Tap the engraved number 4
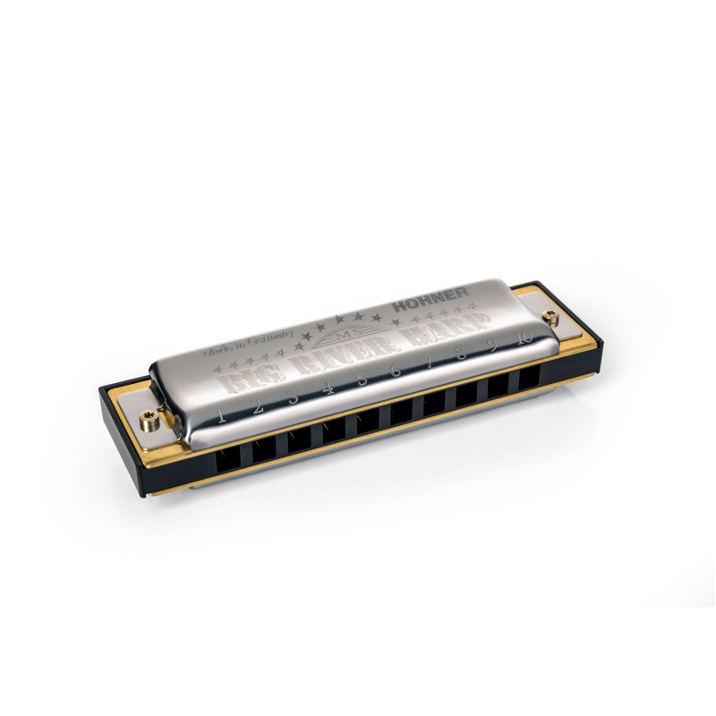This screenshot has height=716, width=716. [x=328, y=388]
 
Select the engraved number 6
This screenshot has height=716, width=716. [x=395, y=371]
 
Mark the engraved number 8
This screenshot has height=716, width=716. [x=460, y=355]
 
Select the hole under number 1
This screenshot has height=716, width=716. [x=231, y=455]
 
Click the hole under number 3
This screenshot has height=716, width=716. [x=301, y=438]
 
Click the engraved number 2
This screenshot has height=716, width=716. [x=256, y=405]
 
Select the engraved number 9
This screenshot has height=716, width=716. [x=490, y=347]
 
